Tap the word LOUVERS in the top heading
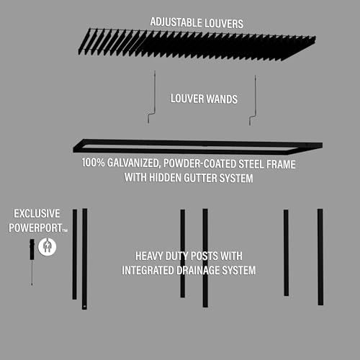tap(225, 23)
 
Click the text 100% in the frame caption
tap(93, 163)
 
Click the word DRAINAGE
tap(200, 270)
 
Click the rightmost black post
tap(320, 256)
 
